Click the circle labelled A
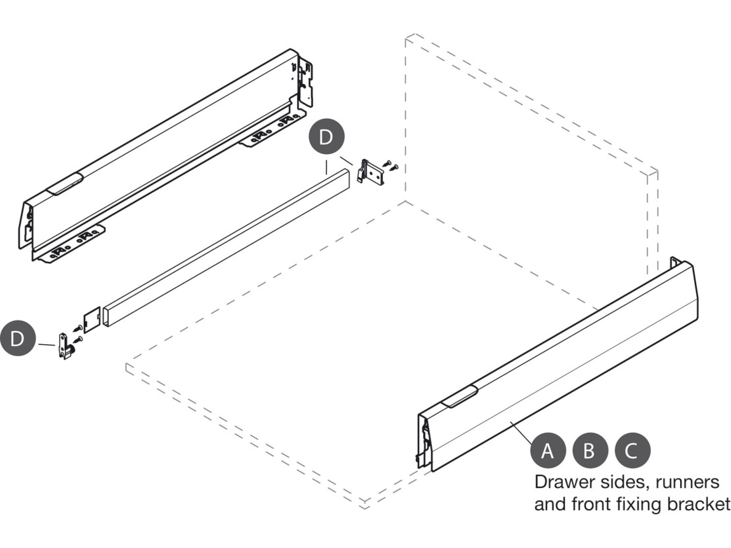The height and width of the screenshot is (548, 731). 548,451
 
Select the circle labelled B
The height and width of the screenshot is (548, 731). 590,451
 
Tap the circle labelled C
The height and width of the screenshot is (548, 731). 632,451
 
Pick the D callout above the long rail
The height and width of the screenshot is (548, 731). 327,137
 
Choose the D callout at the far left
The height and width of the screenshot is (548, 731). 18,339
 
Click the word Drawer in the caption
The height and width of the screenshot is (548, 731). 560,482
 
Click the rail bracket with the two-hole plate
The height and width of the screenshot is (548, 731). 370,172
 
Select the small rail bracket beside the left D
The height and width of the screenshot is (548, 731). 65,346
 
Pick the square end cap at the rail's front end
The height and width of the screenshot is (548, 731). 92,319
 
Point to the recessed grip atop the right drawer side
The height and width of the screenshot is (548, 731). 459,396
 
